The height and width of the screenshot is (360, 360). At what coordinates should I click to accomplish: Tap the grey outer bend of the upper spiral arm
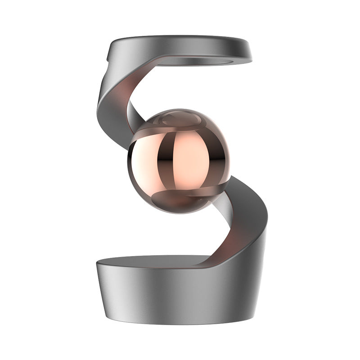click(110, 97)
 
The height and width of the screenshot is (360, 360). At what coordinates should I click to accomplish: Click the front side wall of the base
click(171, 292)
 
